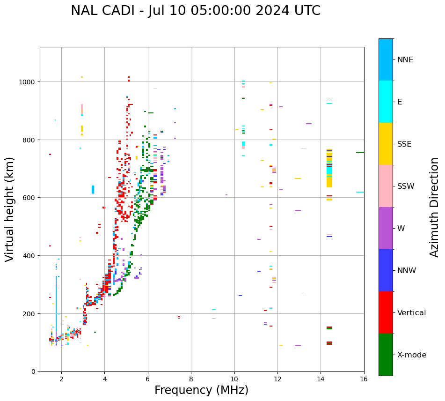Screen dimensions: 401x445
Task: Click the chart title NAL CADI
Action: (196, 11)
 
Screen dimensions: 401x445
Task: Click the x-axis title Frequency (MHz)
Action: (201, 390)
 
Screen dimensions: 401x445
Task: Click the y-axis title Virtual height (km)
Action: (10, 209)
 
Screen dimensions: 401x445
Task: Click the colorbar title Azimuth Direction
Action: (435, 207)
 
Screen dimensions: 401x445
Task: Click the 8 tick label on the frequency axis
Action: (191, 379)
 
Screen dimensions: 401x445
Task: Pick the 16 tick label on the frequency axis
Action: (364, 379)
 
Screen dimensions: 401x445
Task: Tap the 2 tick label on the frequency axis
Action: (61, 379)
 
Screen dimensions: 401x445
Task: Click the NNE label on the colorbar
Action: (405, 60)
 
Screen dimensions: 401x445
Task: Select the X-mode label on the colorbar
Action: (412, 355)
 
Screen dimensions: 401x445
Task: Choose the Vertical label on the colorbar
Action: (411, 313)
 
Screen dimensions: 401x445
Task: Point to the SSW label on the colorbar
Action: (406, 186)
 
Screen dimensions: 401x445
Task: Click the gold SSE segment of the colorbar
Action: (386, 144)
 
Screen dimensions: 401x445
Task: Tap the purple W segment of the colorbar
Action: (386, 228)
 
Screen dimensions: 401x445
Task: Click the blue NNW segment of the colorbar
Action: (386, 270)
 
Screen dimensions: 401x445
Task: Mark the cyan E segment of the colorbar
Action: (386, 102)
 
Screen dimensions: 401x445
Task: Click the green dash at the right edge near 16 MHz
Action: (360, 152)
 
